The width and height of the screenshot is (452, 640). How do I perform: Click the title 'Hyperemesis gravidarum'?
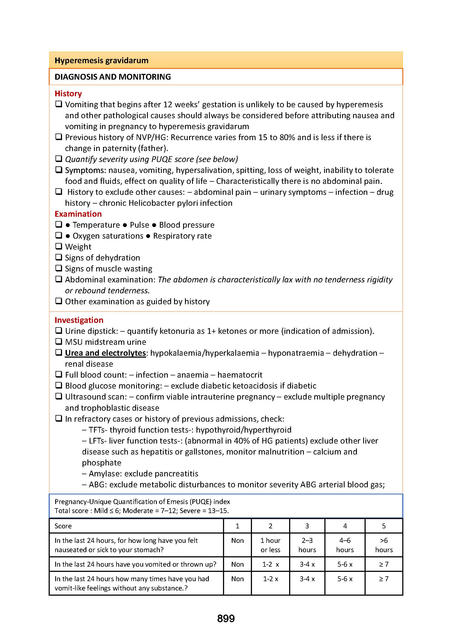point(101,60)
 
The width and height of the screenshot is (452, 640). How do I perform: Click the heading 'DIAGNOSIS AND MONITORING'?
point(112,77)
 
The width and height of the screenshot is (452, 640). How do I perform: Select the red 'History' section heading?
point(68,93)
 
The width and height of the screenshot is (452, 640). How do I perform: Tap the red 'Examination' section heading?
point(78,214)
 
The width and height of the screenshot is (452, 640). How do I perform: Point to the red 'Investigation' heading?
point(79,320)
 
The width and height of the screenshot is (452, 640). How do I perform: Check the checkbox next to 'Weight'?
point(58,247)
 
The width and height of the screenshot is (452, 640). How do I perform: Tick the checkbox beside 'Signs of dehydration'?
point(58,257)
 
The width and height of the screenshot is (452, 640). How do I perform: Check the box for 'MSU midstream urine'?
point(58,341)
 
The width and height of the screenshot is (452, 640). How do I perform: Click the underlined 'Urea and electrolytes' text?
point(105,353)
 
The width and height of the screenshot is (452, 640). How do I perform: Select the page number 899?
point(226,619)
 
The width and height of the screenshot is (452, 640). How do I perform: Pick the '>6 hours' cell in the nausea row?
point(383,545)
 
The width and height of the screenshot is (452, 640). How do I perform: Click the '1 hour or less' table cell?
point(270,545)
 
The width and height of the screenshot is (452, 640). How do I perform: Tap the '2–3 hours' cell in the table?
point(307,545)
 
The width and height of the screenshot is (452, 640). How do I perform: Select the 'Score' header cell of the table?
point(63,526)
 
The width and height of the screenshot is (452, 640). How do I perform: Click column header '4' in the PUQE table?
point(345,526)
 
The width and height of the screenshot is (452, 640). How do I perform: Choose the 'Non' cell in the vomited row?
point(237,564)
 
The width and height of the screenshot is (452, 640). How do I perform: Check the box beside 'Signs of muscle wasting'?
point(58,268)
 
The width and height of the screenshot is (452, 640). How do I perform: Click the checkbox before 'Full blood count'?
point(58,374)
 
